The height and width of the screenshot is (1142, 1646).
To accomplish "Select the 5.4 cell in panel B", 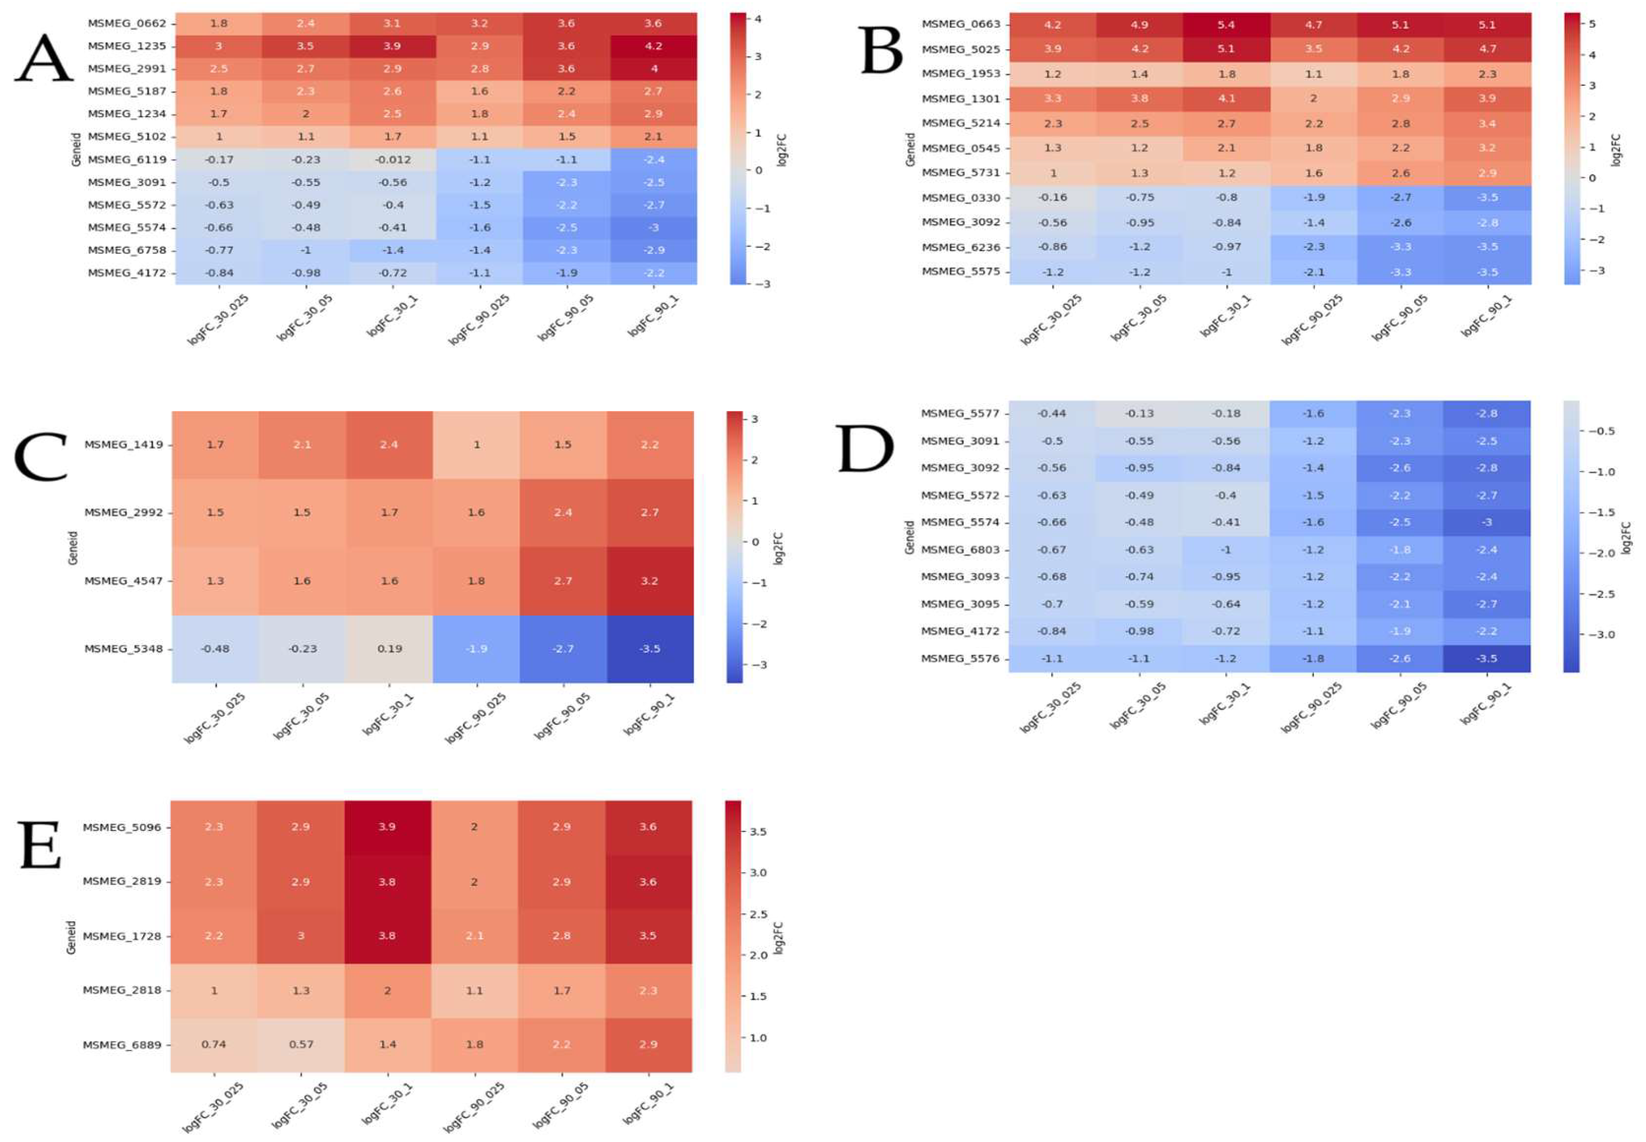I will [1226, 25].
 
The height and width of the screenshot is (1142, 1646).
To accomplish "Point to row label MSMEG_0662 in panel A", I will [127, 24].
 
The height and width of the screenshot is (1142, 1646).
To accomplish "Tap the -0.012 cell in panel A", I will [392, 159].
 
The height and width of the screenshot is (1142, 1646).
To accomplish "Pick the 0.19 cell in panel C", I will [389, 649].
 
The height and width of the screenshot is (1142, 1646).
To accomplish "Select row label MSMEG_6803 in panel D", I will [960, 550].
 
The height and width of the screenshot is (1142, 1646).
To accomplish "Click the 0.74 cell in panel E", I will [213, 1044].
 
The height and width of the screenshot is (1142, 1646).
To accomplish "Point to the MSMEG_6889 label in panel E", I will [122, 1045].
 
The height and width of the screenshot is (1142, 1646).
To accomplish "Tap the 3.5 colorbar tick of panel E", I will [757, 831].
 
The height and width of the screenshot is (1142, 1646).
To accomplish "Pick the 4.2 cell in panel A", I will [653, 47].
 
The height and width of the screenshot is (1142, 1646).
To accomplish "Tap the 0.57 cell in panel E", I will [301, 1044].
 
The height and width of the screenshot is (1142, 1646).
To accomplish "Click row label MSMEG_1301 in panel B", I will [960, 99].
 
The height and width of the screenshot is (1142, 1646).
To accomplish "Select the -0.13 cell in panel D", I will [1139, 414].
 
